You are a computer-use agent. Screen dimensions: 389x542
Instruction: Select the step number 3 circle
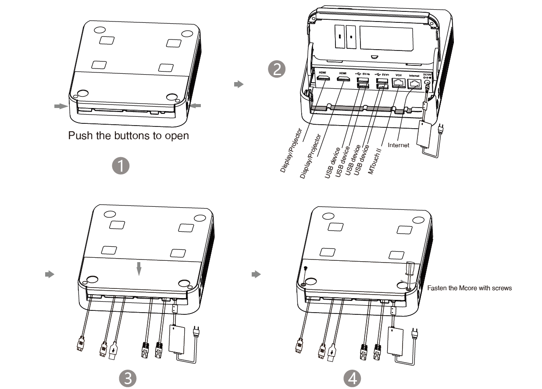[x=127, y=378]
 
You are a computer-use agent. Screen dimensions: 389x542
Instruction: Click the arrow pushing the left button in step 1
[x=60, y=106]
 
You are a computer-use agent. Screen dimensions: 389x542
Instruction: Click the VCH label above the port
[x=398, y=75]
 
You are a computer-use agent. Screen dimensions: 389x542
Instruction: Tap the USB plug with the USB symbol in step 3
[x=114, y=351]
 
